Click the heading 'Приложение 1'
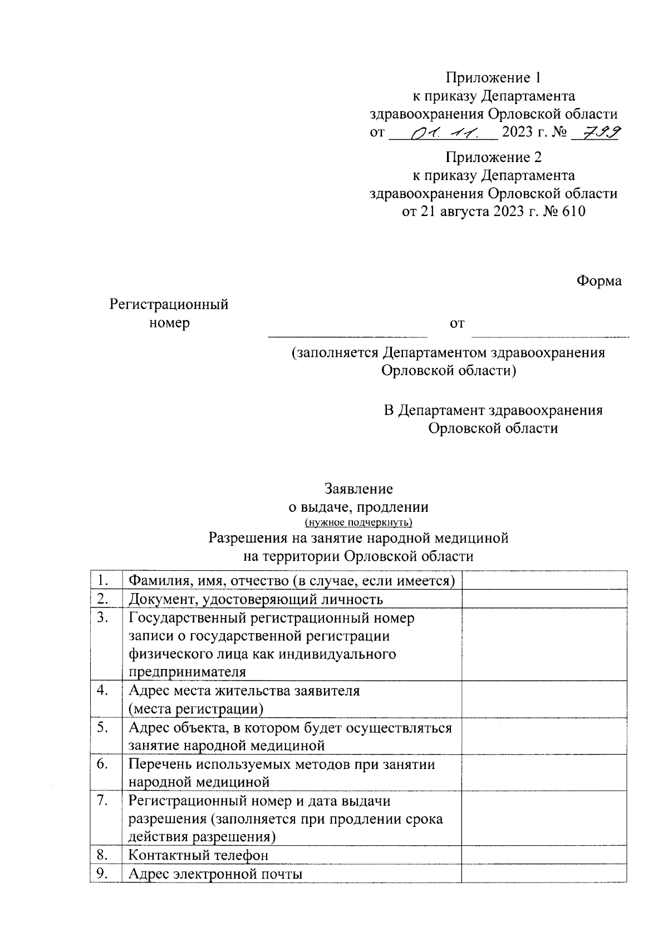coord(493,77)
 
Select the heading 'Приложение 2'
coord(493,157)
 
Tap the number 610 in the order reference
coord(573,212)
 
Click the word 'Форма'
coord(598,281)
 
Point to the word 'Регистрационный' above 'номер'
coord(169,305)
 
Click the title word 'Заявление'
coord(358,489)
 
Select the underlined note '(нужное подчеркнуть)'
coord(358,522)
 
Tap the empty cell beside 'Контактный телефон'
coord(544,854)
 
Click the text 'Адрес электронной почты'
coord(215,874)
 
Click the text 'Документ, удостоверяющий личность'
coord(256,599)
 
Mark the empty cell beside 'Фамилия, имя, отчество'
coord(544,580)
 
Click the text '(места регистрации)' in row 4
coord(196,709)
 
